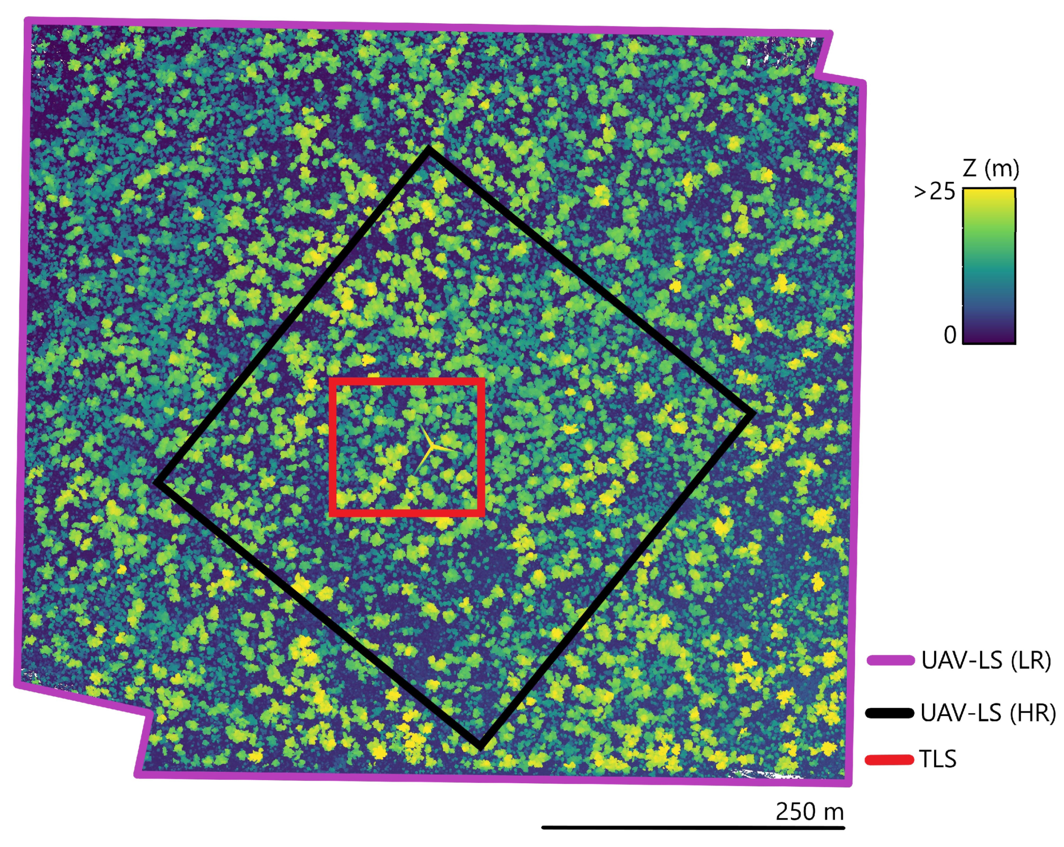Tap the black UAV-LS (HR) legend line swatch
click(x=889, y=713)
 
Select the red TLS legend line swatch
click(x=889, y=759)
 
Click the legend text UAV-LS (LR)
click(x=986, y=660)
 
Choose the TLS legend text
click(x=938, y=759)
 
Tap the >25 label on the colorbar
click(x=934, y=192)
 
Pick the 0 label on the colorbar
click(x=950, y=335)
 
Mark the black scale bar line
click(x=693, y=827)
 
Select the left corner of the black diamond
click(x=158, y=482)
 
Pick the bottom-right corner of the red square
click(x=481, y=513)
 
